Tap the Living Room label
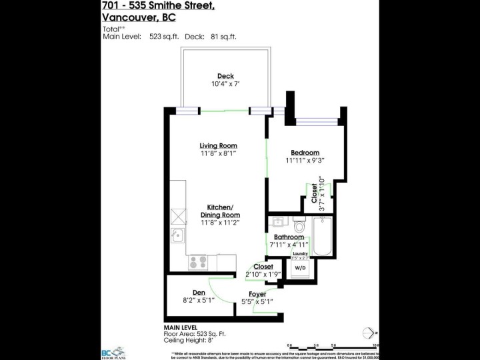pos(219,145)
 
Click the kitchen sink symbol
pos(177,235)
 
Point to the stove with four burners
pos(198,262)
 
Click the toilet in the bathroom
pos(298,225)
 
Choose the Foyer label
pos(257,294)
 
